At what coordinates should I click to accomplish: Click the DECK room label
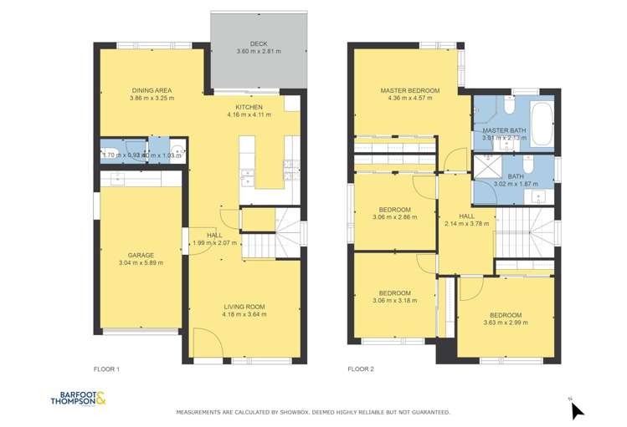tap(257, 44)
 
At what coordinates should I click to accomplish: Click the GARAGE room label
tap(141, 255)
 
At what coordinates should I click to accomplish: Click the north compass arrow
tap(577, 409)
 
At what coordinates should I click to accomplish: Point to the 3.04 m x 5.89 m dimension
tap(141, 263)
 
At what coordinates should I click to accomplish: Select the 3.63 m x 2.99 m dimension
tap(504, 323)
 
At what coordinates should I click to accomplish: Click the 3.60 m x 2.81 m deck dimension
tap(257, 52)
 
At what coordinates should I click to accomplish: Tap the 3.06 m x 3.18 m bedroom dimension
tap(394, 302)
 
